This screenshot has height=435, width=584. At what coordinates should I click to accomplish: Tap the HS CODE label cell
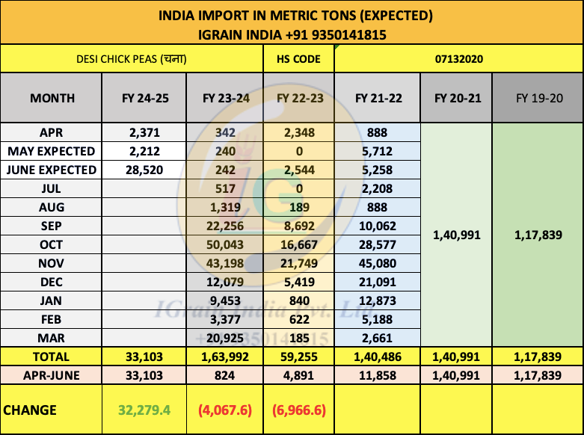298,59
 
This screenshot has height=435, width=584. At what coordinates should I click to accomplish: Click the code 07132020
458,59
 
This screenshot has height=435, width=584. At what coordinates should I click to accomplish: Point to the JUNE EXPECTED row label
52,170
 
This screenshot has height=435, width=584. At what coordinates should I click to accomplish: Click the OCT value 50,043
225,245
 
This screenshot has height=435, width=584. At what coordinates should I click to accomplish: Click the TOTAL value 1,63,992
225,357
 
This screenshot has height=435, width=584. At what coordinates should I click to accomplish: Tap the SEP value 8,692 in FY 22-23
298,226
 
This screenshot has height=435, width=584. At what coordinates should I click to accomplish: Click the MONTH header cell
52,98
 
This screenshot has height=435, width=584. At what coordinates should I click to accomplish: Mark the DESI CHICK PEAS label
132,59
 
